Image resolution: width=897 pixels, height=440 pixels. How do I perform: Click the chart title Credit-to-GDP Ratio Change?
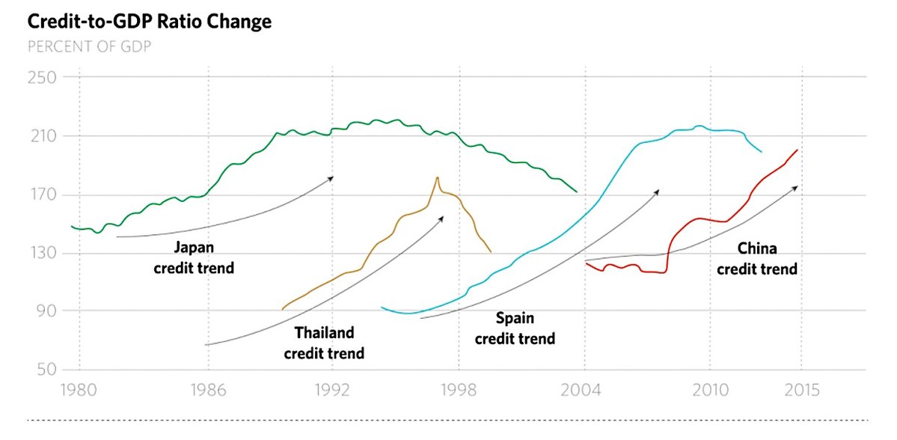(x=150, y=22)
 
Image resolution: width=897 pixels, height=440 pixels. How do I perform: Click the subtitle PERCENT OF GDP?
(x=91, y=46)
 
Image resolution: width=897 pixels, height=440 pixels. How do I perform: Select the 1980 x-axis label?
(x=79, y=390)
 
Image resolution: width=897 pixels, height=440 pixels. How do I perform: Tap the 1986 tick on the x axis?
(x=208, y=390)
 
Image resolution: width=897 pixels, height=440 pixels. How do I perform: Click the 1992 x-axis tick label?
(x=332, y=390)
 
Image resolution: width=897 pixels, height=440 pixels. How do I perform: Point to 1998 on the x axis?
(x=459, y=390)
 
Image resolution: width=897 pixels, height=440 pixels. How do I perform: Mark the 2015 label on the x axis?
(x=802, y=390)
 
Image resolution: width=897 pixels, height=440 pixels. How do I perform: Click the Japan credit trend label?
(x=194, y=257)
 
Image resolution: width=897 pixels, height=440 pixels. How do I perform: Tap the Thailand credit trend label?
(x=324, y=343)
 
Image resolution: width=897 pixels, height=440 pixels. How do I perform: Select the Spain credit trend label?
(x=515, y=329)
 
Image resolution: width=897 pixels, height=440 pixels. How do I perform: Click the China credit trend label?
(x=757, y=258)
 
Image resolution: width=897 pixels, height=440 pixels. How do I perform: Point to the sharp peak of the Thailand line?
(x=437, y=177)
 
